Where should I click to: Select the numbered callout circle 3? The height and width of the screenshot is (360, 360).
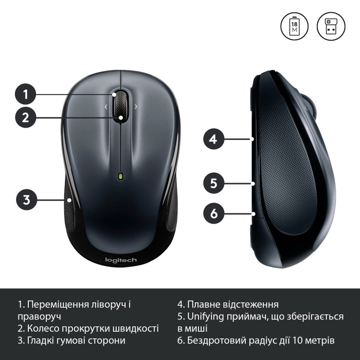27,199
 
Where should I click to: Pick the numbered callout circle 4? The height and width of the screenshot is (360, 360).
214,139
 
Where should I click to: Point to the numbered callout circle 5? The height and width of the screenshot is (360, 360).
214,183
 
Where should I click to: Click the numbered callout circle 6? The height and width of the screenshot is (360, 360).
214,213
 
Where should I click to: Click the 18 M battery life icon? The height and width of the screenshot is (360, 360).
295,26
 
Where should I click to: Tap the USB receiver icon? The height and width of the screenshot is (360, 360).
331,26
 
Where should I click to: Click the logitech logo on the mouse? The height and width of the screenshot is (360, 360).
121,260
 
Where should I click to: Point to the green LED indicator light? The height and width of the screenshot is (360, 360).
121,176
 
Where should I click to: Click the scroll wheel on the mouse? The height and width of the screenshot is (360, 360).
121,107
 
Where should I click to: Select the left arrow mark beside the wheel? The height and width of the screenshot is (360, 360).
106,107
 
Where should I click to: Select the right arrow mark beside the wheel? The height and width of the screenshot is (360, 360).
135,107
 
